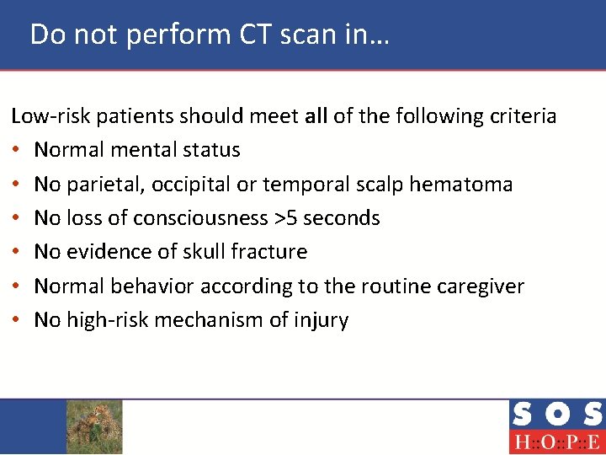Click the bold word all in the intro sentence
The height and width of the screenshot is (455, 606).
point(316,115)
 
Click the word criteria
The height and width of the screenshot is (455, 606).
point(521,115)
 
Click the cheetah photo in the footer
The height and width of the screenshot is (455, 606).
point(94,426)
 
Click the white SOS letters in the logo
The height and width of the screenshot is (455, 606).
point(556,415)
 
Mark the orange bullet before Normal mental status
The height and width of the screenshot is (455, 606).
point(16,150)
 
